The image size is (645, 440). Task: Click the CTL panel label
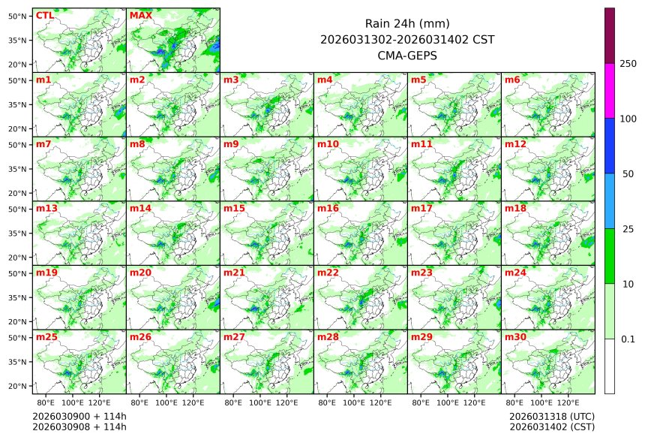(x=45, y=15)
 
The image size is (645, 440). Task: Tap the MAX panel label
(x=140, y=15)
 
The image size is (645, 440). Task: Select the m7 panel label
(x=43, y=143)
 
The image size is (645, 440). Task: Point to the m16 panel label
(x=328, y=208)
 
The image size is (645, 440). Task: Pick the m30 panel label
(x=515, y=337)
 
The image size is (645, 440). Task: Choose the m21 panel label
(x=234, y=273)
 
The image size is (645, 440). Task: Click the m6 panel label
(x=512, y=80)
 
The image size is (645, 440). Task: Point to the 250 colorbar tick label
(x=628, y=64)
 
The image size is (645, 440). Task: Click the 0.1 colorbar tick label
(x=628, y=339)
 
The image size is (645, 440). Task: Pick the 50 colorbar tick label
(x=628, y=174)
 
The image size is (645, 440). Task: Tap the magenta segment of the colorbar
(x=610, y=90)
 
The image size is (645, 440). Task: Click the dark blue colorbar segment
(x=610, y=146)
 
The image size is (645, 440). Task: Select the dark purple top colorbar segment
(x=610, y=35)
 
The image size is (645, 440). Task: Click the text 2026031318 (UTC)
(x=551, y=416)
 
